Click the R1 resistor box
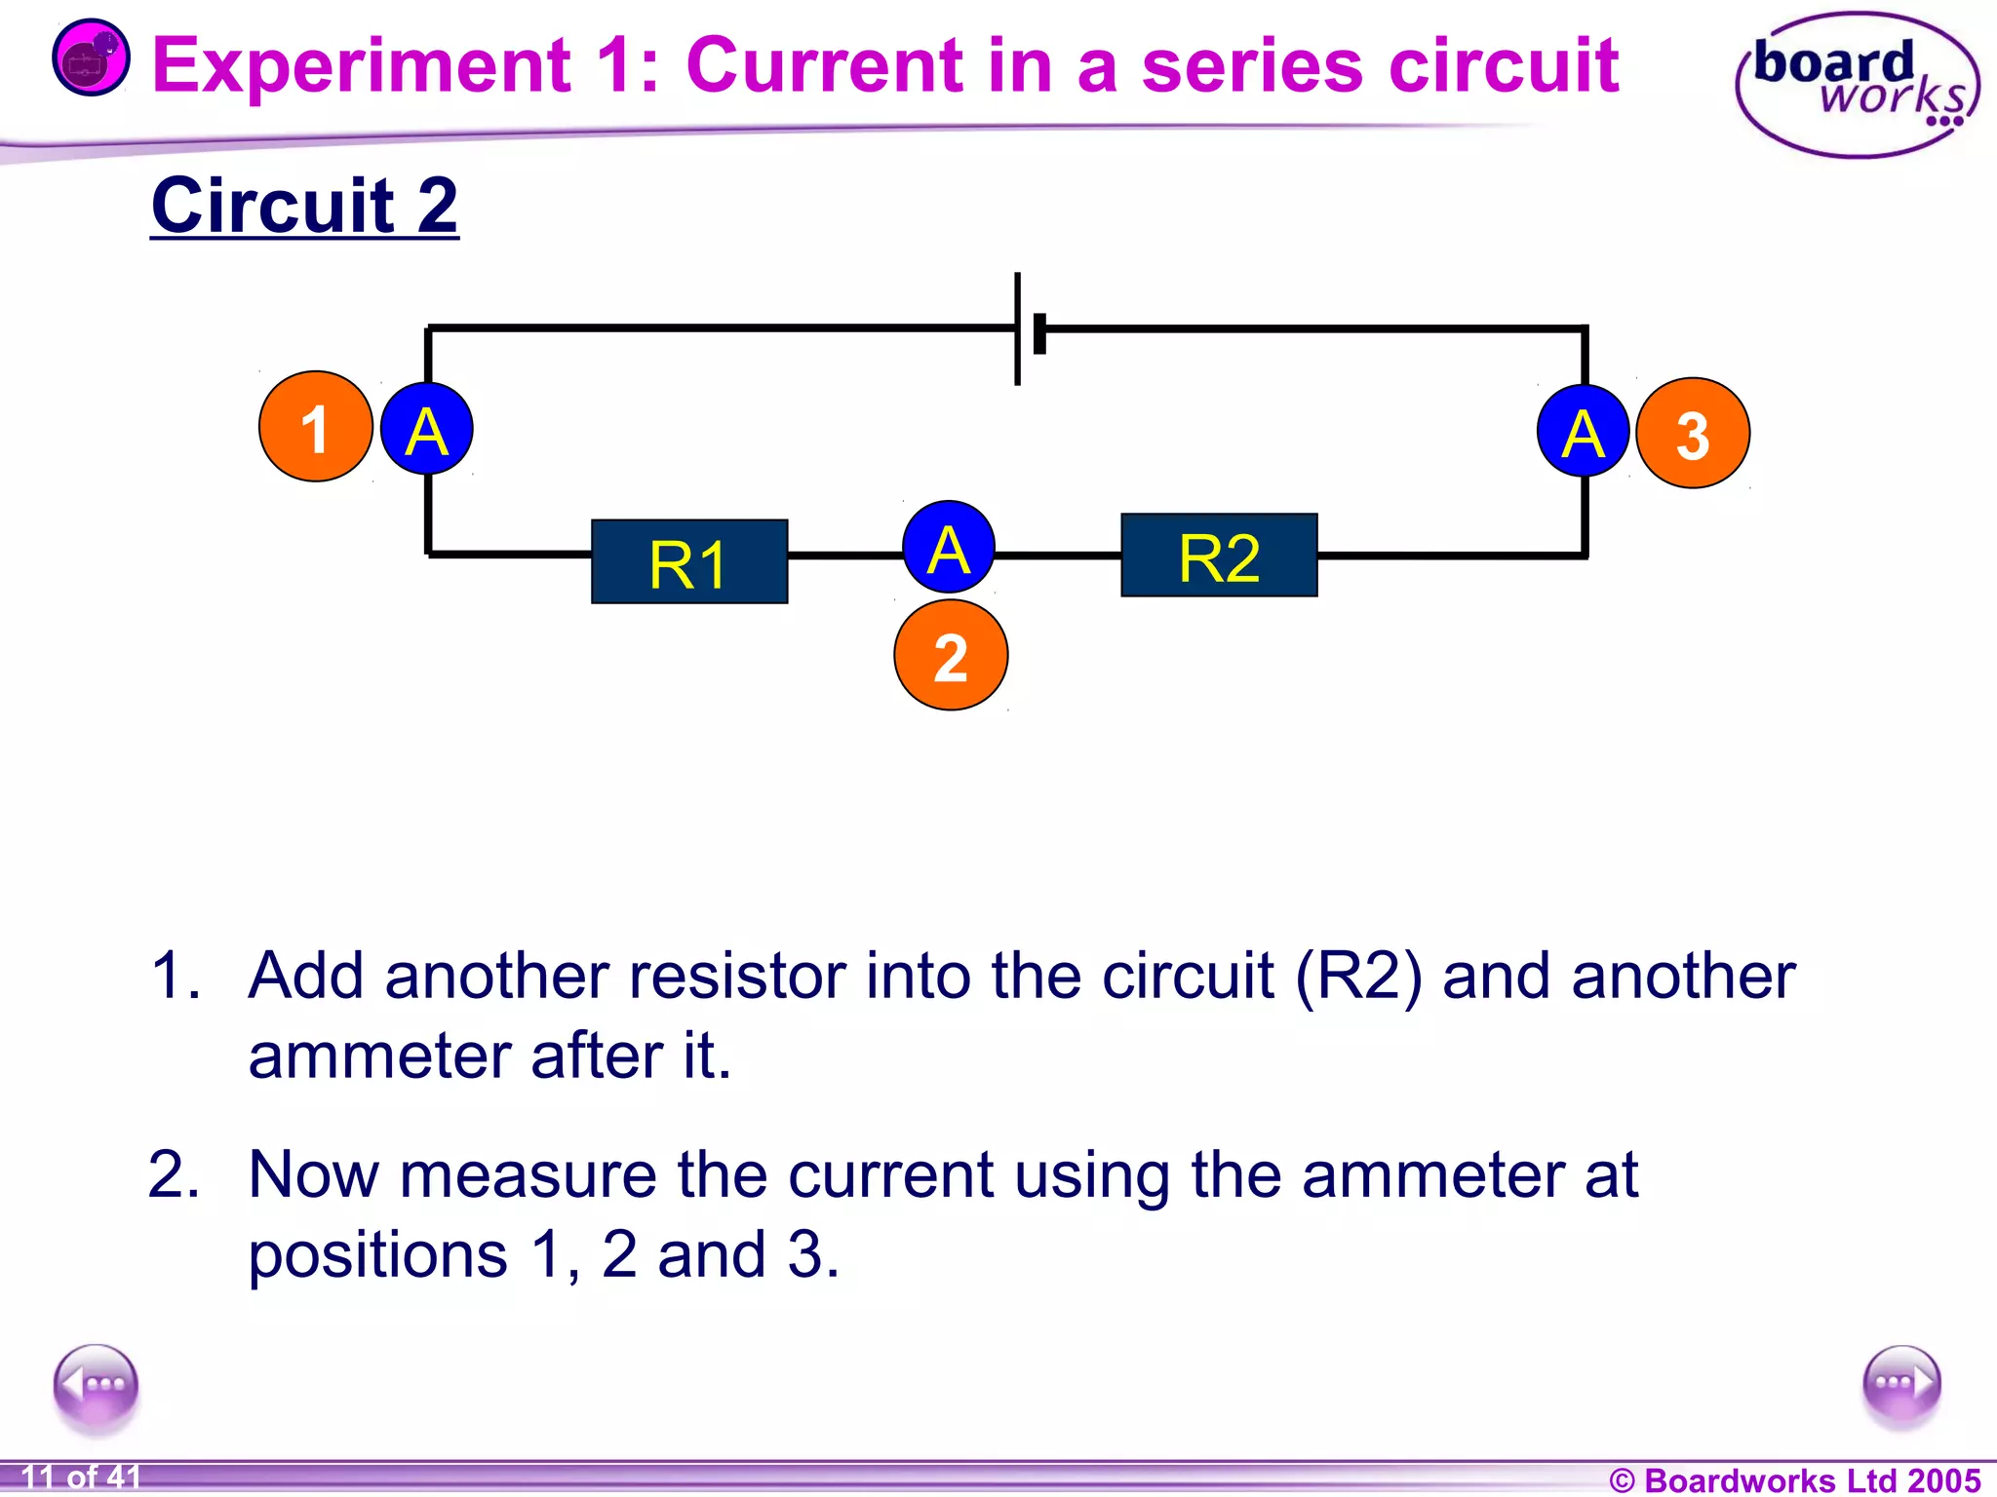click(x=689, y=561)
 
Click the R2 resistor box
click(x=1219, y=556)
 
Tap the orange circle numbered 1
click(x=315, y=427)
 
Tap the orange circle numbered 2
click(x=951, y=655)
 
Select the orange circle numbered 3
click(x=1693, y=434)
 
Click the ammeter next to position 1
click(x=427, y=429)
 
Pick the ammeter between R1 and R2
click(x=949, y=548)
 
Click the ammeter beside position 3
click(x=1583, y=431)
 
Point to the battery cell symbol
click(x=1028, y=329)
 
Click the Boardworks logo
click(x=1858, y=85)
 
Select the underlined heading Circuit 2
click(x=304, y=206)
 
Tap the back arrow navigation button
click(x=97, y=1385)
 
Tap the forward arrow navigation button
click(x=1900, y=1385)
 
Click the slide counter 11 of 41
click(x=81, y=1477)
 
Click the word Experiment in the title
click(x=361, y=65)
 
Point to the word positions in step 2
click(x=378, y=1254)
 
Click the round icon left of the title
click(x=90, y=58)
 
